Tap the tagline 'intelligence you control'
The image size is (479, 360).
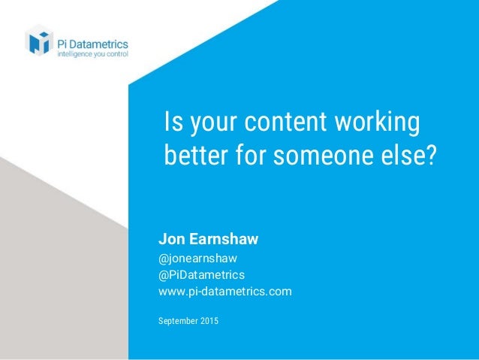click(93, 54)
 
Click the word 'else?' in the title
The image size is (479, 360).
click(410, 158)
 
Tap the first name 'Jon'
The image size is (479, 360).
click(170, 240)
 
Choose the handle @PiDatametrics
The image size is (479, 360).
click(201, 275)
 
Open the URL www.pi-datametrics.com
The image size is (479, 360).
click(225, 291)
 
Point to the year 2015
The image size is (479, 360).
click(209, 322)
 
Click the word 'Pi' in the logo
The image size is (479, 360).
click(65, 43)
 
